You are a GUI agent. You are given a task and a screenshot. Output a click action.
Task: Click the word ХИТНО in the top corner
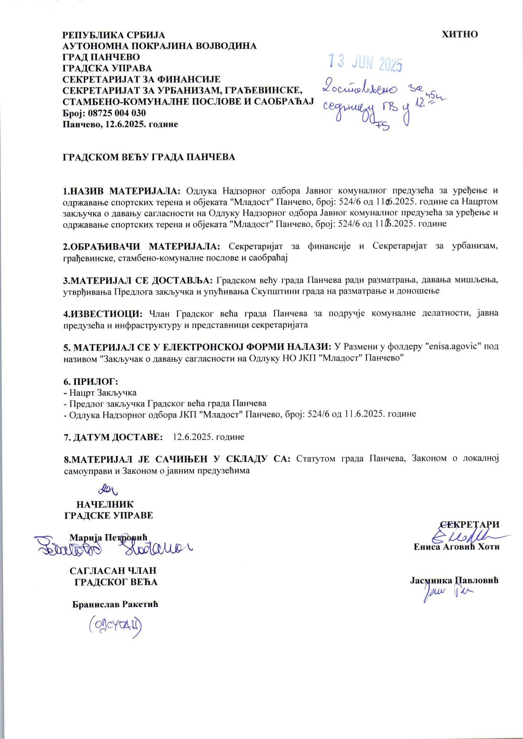click(459, 35)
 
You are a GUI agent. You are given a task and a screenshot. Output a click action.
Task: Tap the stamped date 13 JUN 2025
click(365, 64)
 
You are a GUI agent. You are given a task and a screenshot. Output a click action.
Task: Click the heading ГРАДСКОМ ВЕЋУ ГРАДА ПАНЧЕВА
click(149, 157)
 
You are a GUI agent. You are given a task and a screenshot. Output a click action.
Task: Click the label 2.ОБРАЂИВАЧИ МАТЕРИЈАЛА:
click(141, 246)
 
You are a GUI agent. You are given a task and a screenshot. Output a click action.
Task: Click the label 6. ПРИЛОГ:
click(90, 382)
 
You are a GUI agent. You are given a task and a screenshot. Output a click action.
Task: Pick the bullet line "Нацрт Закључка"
click(100, 392)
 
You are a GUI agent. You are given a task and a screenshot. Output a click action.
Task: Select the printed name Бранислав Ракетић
click(115, 605)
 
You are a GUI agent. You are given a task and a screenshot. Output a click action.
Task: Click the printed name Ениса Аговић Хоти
click(456, 547)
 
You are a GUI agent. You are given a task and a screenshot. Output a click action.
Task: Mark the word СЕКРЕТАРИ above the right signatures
click(469, 525)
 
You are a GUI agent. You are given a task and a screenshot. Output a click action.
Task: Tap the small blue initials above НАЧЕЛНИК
click(108, 489)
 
